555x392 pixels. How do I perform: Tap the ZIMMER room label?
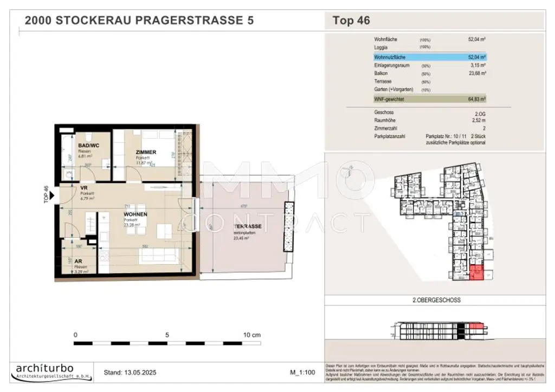tap(146, 152)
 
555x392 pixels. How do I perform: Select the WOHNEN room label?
tap(135, 214)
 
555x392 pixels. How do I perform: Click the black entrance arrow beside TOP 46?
tap(52, 197)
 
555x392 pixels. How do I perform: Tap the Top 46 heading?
tap(351, 21)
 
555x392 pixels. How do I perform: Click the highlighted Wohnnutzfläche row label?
tap(390, 56)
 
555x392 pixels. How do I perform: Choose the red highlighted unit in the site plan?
tap(475, 273)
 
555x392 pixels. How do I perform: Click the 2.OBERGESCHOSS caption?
tap(433, 299)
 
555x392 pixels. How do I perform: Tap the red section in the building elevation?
tap(475, 326)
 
